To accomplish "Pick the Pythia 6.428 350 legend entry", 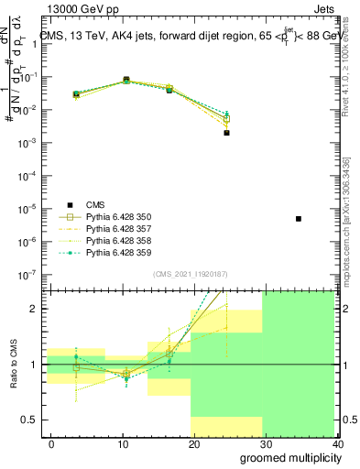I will (118, 217).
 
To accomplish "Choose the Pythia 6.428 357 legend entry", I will (118, 229).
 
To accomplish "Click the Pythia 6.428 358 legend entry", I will (118, 241).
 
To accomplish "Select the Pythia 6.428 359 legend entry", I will (118, 253).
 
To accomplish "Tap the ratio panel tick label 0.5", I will (33, 420).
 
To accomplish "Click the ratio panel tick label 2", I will (38, 309).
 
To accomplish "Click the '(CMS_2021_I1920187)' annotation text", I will (191, 274).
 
